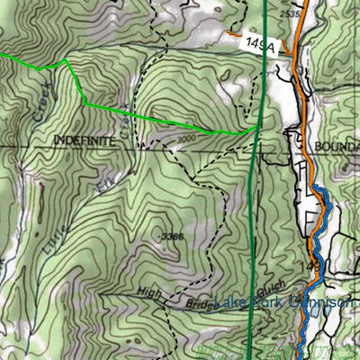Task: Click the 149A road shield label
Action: point(259,42)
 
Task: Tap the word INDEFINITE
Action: point(85,140)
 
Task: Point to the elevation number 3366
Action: point(172,236)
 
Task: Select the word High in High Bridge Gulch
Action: point(148,292)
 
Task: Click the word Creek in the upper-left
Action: point(42,102)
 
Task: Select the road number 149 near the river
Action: point(316,267)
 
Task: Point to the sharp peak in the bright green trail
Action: point(66,61)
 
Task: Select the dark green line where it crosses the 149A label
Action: point(266,42)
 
